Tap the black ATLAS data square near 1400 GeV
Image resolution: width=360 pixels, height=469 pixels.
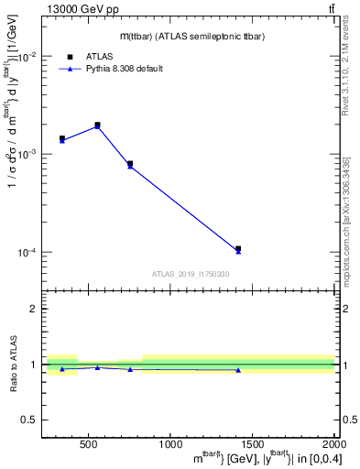(x=238, y=248)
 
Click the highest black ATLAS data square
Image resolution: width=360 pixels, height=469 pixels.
(x=97, y=125)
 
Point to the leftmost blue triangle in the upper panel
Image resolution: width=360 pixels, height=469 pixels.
(x=62, y=140)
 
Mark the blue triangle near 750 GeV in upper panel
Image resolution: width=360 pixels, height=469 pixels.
(x=130, y=166)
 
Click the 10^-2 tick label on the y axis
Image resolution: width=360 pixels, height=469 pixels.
(x=27, y=57)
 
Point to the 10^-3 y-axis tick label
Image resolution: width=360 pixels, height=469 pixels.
(x=27, y=154)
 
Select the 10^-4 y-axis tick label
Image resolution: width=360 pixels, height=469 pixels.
(x=27, y=252)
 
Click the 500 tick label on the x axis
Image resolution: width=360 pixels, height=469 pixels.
(x=89, y=444)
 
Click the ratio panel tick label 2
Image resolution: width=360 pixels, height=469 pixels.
(x=33, y=310)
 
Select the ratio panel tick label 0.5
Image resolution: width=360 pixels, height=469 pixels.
(x=29, y=420)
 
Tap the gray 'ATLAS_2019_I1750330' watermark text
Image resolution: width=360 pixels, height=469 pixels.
(x=191, y=274)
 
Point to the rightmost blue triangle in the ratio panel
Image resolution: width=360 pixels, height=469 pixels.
(x=238, y=370)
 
